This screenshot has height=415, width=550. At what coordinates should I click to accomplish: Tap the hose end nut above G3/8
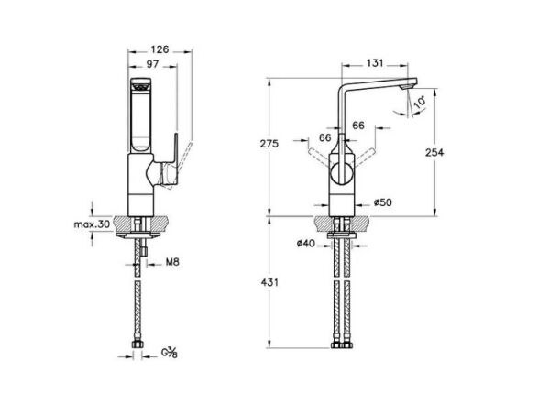click(137, 344)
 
